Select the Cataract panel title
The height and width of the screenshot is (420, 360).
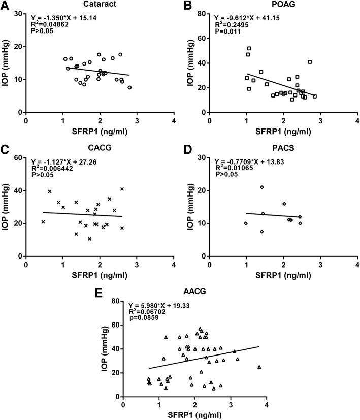(x=100, y=5)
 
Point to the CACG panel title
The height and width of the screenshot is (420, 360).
(x=100, y=147)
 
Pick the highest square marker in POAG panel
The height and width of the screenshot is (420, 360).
(x=249, y=48)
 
